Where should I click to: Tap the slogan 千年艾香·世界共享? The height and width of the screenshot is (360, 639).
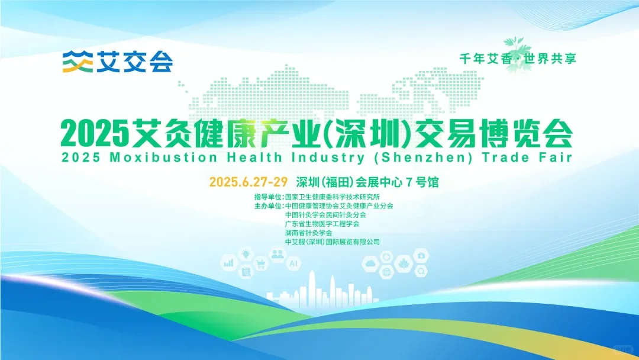pos(518,59)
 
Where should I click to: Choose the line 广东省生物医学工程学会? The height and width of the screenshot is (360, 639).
pos(322,224)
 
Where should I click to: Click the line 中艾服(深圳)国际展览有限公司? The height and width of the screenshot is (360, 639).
pos(332,242)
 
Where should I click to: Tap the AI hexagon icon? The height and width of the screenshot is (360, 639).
pos(293,264)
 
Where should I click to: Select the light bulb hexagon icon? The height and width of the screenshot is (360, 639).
pos(244,254)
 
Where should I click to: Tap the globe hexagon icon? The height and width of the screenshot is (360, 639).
pos(387,272)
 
